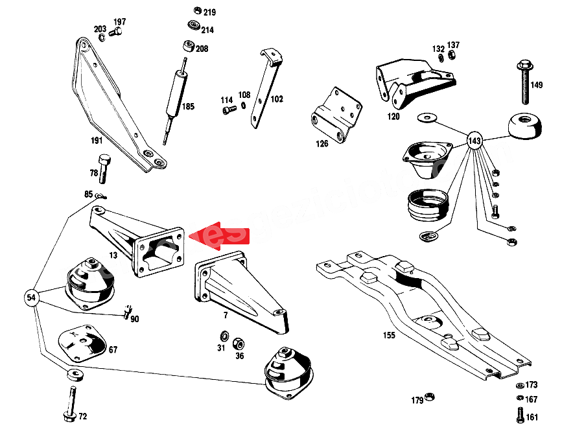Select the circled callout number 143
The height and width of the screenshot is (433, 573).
pos(474,140)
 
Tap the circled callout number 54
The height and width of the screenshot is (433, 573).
pos(30,298)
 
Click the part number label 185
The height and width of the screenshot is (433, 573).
pos(187,107)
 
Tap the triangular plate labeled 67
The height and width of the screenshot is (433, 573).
pos(82,342)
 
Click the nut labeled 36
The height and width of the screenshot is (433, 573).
pos(238,342)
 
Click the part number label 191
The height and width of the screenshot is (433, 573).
pos(97,140)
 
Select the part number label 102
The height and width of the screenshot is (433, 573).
pos(277,100)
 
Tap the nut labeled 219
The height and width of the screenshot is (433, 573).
pos(198,11)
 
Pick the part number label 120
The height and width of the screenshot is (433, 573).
pos(393,117)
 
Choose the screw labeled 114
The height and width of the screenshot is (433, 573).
pos(228,111)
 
